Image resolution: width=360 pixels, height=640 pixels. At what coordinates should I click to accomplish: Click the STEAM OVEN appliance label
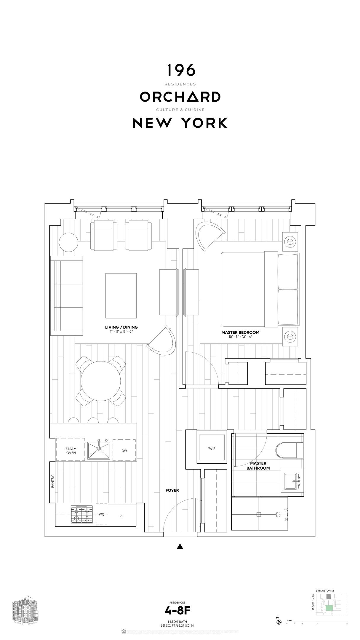tap(71, 451)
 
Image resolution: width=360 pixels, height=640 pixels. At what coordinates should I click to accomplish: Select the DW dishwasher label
tap(124, 451)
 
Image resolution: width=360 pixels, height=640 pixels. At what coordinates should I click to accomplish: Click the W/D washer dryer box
tap(212, 448)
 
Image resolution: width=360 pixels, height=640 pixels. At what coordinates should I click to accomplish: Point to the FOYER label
tap(172, 490)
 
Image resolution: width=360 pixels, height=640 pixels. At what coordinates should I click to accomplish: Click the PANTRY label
tap(52, 482)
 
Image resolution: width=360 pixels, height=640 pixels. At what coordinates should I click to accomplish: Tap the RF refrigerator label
tap(121, 516)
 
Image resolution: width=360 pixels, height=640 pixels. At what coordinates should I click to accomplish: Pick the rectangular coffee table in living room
tap(121, 295)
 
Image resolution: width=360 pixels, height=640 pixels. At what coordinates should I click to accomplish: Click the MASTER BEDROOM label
tap(240, 332)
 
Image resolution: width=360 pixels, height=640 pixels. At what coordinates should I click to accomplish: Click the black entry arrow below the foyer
tap(180, 546)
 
